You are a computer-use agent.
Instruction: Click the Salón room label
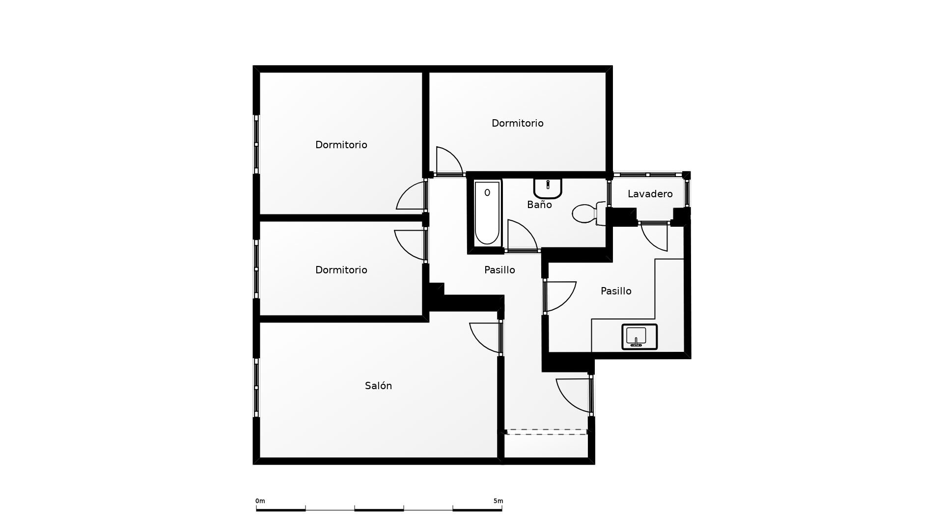(x=378, y=386)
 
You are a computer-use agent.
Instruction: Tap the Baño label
(x=539, y=205)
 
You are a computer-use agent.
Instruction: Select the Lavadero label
(x=650, y=194)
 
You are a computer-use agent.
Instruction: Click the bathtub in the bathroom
(x=487, y=213)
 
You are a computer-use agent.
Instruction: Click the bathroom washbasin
(x=548, y=188)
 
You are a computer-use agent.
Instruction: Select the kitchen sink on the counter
(x=639, y=337)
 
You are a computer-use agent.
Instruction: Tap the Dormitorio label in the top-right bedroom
(x=517, y=123)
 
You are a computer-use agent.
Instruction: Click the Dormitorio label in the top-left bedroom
(x=341, y=145)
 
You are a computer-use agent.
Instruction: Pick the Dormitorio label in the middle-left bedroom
(x=341, y=270)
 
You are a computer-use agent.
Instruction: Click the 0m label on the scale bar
(x=260, y=501)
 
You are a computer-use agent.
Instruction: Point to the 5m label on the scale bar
(x=498, y=501)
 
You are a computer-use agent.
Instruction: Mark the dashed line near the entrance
(x=546, y=432)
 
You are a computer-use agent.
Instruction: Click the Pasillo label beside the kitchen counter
(x=616, y=291)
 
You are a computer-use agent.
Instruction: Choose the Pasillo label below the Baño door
(x=499, y=270)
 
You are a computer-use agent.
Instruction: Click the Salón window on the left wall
(x=256, y=387)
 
